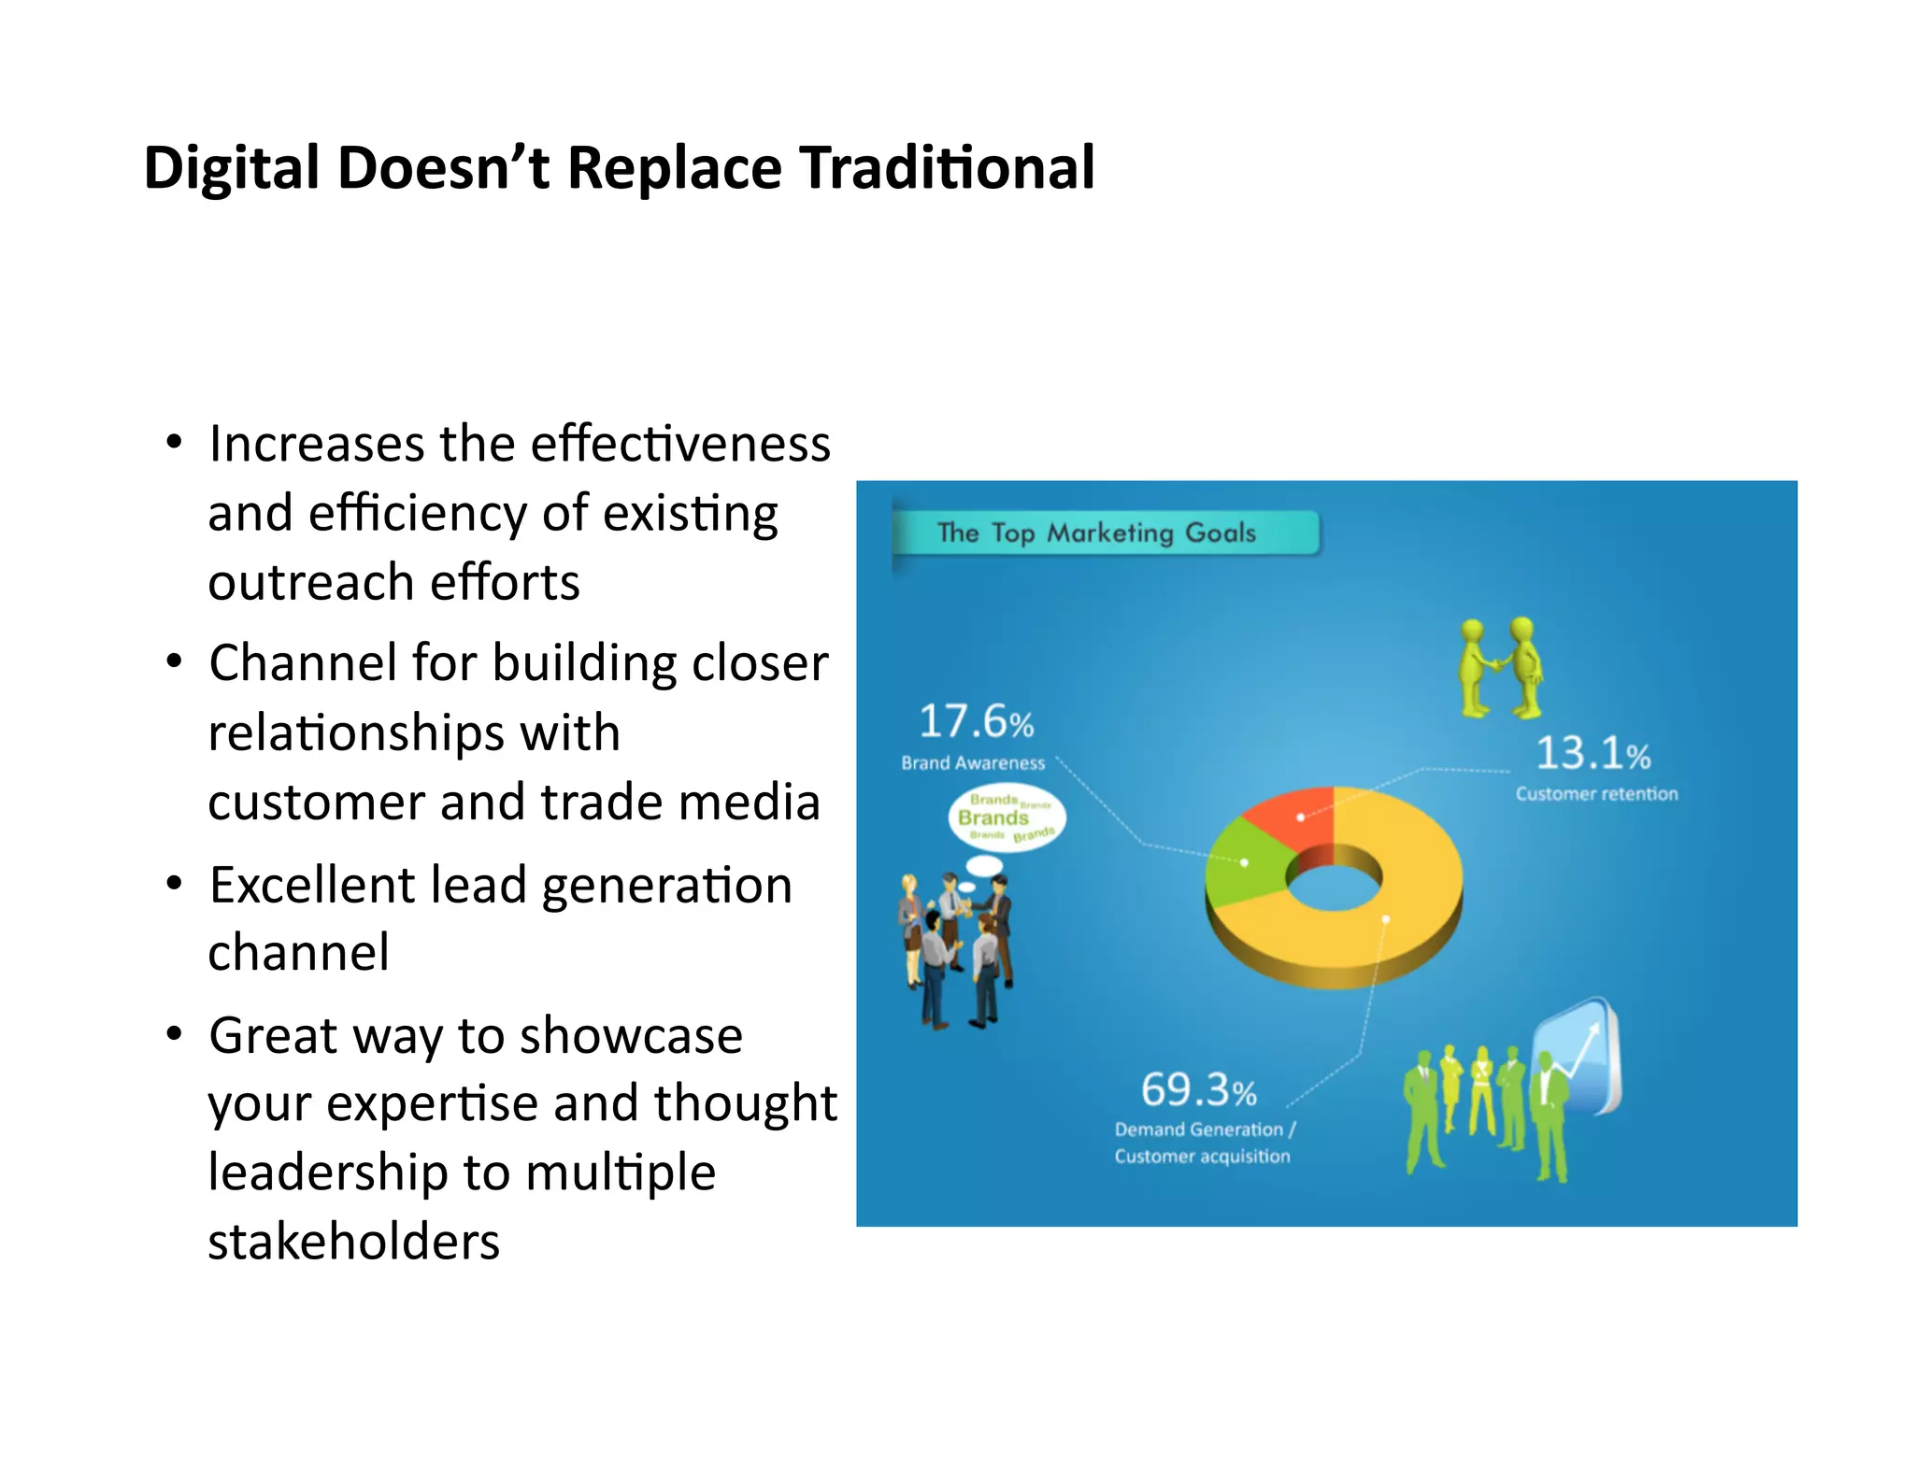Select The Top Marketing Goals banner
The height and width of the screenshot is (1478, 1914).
coord(1103,533)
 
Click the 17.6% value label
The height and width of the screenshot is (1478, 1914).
coord(976,721)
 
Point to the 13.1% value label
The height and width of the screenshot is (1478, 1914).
coord(1593,753)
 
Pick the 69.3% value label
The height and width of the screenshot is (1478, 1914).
coord(1198,1089)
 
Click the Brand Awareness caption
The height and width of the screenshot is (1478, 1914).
coord(972,763)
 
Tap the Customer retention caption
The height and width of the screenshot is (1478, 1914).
coord(1596,794)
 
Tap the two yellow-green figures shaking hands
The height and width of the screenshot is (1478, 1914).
coord(1501,667)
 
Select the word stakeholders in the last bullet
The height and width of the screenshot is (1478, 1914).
coord(353,1242)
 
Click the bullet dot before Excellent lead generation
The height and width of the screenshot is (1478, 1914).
coord(174,884)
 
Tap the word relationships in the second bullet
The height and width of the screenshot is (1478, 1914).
coord(413,732)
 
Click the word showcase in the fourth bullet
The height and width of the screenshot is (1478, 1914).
coord(631,1035)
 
